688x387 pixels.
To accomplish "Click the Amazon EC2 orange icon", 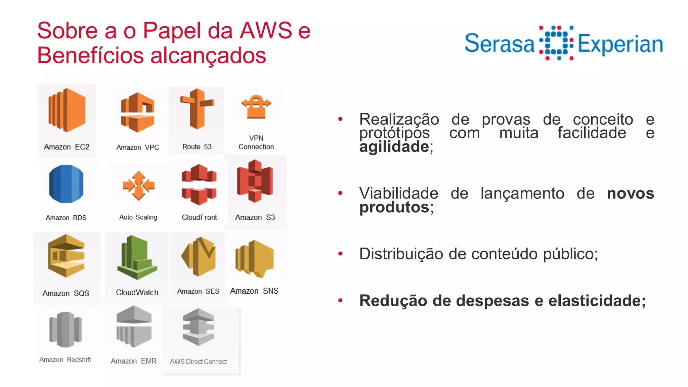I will pos(67,110).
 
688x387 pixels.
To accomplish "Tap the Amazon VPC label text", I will pos(137,147).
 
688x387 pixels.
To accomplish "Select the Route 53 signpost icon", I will pos(197,109).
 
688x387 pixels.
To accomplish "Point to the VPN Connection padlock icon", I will pos(256,107).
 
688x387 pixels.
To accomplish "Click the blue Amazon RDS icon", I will pos(66,184).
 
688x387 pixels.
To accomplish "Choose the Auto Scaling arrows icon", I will pos(138,185).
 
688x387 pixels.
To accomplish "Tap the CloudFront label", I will pos(199,217).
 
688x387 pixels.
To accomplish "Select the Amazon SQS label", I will pos(66,293).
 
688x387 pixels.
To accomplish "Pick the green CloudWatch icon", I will pos(137,258).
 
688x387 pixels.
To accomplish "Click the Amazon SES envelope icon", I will pos(199,256).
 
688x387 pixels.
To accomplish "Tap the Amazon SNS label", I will pos(254,291).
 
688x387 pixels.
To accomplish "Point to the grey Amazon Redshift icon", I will pos(66,329).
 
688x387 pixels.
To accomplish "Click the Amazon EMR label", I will pos(133,361).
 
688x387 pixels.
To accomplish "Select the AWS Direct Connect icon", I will pos(198,327).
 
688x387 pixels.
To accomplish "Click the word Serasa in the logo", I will pos(499,44).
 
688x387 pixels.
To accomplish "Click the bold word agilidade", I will pos(394,147).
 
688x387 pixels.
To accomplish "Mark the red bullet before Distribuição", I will pos(340,254).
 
